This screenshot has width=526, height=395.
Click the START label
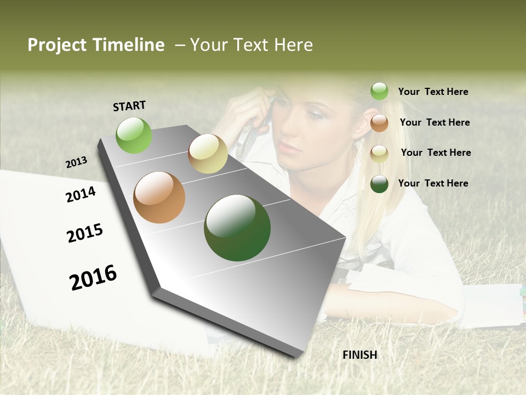tap(129, 106)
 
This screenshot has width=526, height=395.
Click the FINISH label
tap(360, 355)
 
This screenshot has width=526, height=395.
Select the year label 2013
tap(76, 162)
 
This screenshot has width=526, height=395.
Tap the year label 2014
tap(81, 194)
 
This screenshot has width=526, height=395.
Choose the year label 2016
tap(93, 277)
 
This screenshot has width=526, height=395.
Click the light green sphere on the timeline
tap(134, 136)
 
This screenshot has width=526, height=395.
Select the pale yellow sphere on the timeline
tap(208, 154)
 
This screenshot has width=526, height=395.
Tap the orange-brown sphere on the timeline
tap(159, 198)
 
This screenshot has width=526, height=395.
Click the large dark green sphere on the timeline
tap(237, 228)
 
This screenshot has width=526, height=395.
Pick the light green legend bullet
tap(379, 91)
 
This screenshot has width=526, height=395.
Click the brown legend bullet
tap(379, 123)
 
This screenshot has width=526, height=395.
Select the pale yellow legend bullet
tap(379, 154)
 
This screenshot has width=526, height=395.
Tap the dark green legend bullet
tap(379, 184)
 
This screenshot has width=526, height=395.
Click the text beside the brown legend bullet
tap(434, 122)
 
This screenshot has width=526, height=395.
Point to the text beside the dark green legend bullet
tap(433, 183)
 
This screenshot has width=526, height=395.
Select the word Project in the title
tap(56, 45)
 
